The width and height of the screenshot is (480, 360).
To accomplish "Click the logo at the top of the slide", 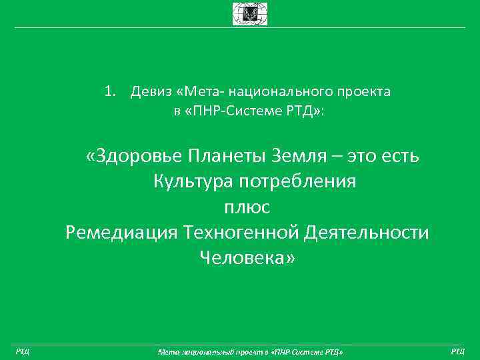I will (x=249, y=13).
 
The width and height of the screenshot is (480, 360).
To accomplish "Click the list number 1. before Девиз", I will (x=112, y=91).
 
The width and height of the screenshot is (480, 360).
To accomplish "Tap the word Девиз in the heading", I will (x=149, y=91).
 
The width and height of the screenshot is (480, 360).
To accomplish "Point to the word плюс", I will (x=247, y=207).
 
